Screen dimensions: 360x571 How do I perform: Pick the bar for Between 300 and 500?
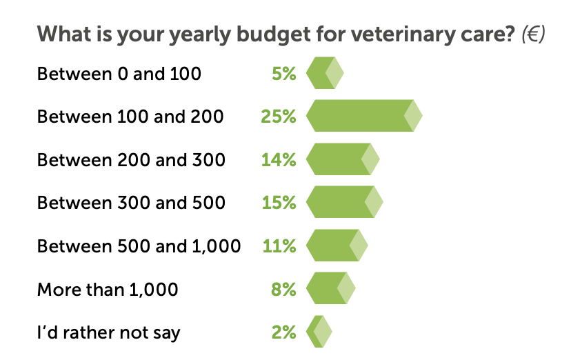[x=344, y=203]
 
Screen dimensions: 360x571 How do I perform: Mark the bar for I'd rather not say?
[x=319, y=332]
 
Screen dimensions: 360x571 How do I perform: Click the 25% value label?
[x=279, y=117]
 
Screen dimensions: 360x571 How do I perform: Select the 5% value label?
[x=283, y=73]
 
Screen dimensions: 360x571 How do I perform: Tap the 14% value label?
[x=279, y=160]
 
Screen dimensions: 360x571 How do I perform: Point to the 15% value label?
[x=279, y=203]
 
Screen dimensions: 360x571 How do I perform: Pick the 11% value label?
[x=279, y=246]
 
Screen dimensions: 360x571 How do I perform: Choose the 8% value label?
[x=283, y=289]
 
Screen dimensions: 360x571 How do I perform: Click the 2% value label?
[x=283, y=332]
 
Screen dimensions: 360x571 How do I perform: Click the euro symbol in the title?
[x=534, y=34]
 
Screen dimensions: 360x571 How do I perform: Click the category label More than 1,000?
[x=108, y=289]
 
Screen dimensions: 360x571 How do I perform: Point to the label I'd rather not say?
[x=108, y=332]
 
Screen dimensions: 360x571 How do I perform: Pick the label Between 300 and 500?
[x=131, y=203]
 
